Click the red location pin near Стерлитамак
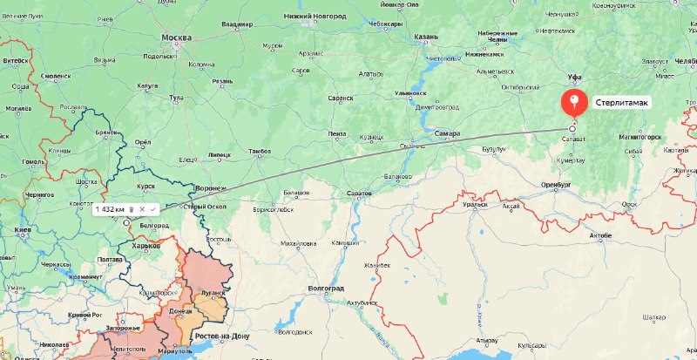click(573, 102)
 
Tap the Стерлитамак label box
click(623, 103)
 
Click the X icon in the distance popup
click(141, 209)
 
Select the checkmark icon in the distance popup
click(152, 209)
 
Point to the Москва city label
click(176, 38)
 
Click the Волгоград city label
click(326, 288)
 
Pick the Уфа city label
click(574, 77)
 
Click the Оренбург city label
click(550, 186)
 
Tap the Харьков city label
click(145, 247)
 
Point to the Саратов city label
click(359, 192)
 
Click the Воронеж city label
click(211, 187)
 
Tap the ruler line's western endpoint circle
click(126, 222)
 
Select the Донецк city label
click(180, 310)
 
